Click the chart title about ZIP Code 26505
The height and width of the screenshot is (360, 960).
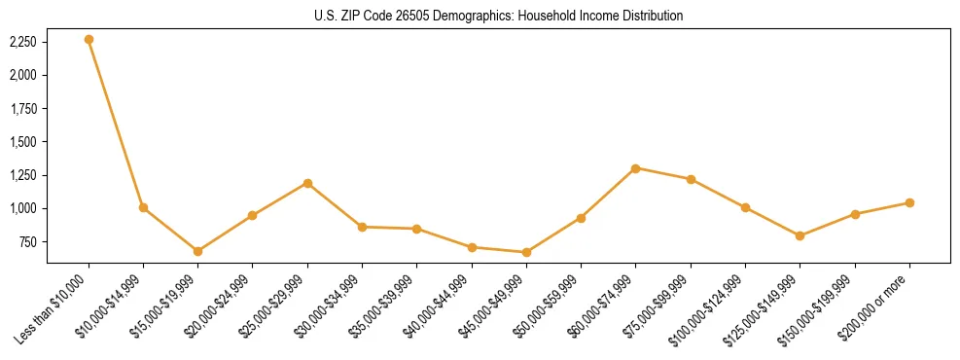(498, 17)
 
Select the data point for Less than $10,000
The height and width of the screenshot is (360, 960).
(89, 40)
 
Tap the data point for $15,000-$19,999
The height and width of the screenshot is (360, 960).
(197, 251)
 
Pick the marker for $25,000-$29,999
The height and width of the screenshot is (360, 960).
(307, 183)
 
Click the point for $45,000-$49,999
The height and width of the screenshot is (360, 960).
(526, 252)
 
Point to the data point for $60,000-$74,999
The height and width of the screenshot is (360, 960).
(635, 168)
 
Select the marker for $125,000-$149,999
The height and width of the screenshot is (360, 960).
(800, 235)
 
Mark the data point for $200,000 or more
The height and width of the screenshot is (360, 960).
(909, 202)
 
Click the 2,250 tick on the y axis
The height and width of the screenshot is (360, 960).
(22, 42)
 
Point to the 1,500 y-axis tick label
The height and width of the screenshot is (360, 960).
(22, 142)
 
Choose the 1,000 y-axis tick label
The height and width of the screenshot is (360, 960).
(22, 208)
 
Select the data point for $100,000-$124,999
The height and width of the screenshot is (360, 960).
(745, 207)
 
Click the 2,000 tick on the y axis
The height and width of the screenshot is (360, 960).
(22, 75)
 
